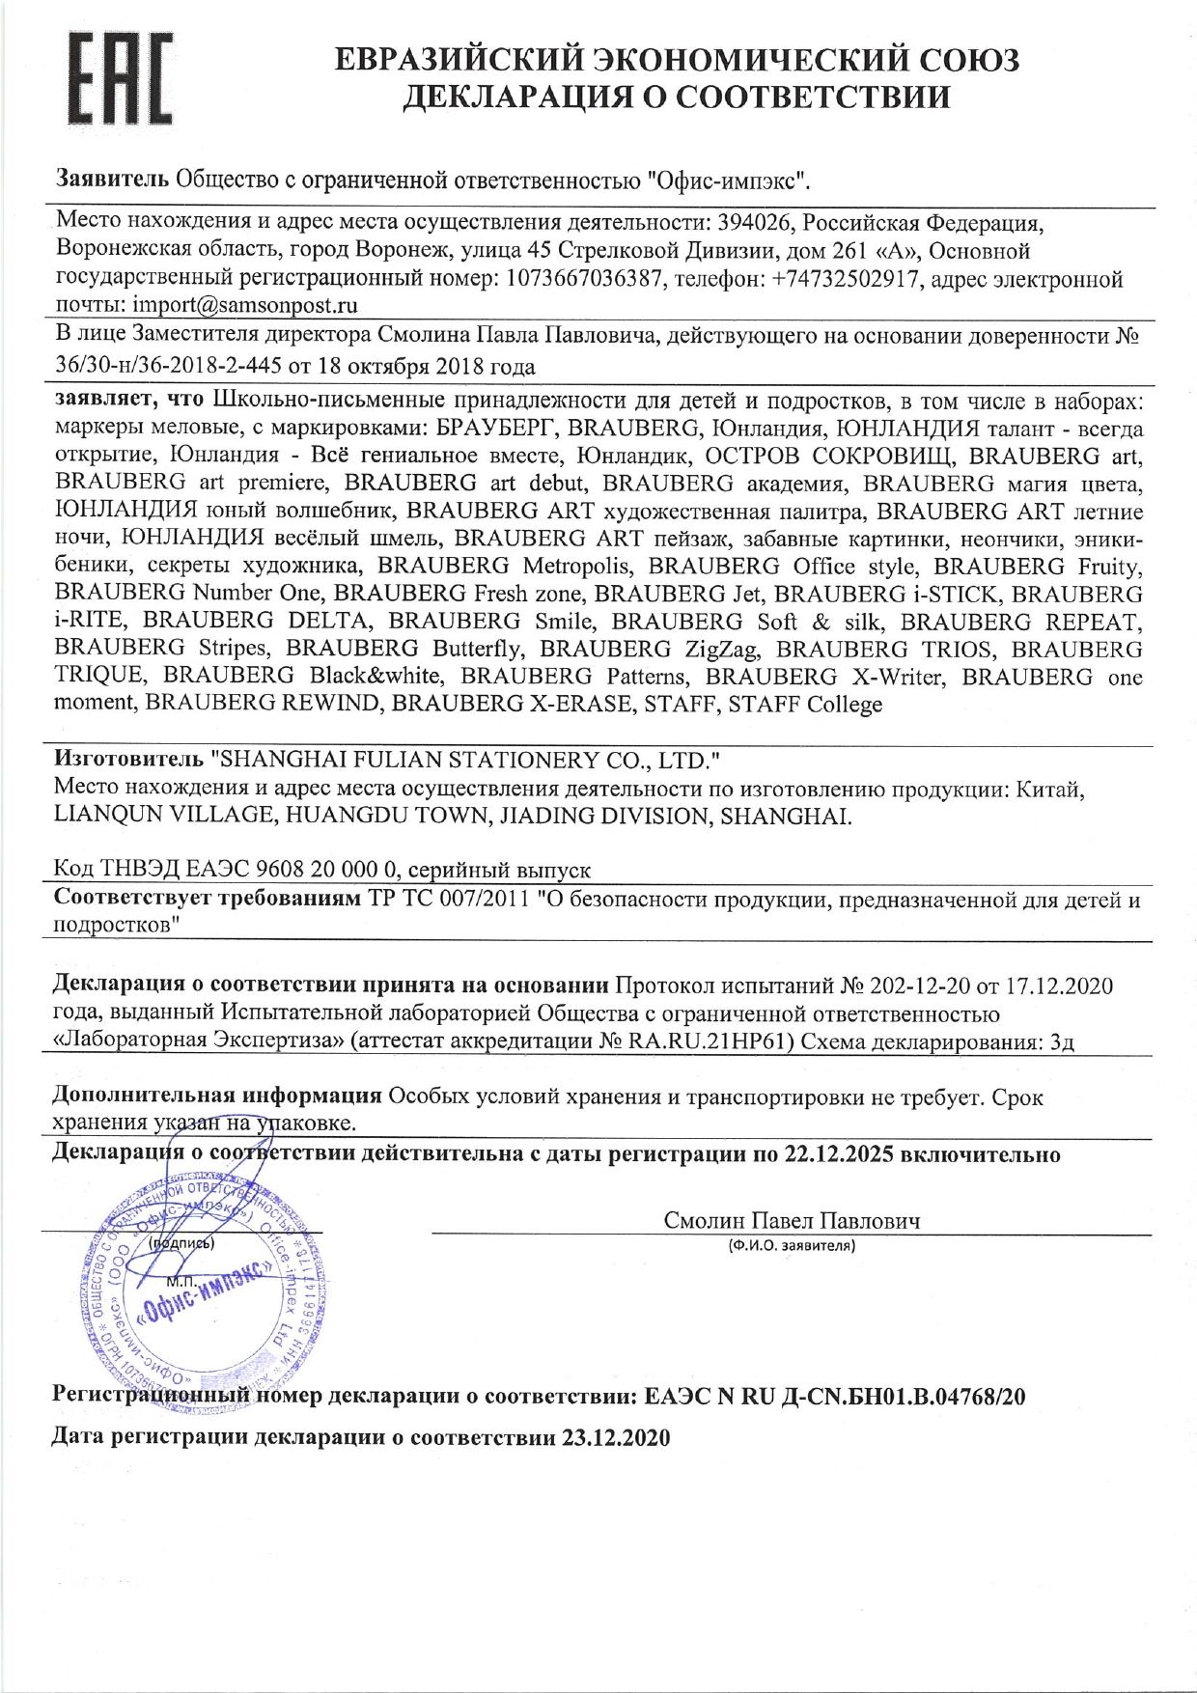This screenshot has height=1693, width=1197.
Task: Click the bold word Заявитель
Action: pyautogui.click(x=112, y=180)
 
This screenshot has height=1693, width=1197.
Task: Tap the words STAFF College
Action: pyautogui.click(x=805, y=705)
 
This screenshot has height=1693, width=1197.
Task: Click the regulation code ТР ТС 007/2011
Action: pyautogui.click(x=449, y=901)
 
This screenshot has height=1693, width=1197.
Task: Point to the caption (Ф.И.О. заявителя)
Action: pyautogui.click(x=792, y=1246)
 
